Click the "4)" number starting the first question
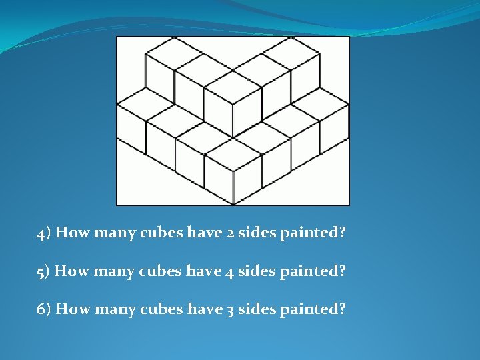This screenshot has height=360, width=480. (x=45, y=234)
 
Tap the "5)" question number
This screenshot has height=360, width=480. (x=44, y=271)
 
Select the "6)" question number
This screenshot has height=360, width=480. (x=45, y=309)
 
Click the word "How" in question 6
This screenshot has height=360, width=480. (x=71, y=309)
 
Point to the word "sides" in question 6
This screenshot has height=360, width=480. (x=255, y=309)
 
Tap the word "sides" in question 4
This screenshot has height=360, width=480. (x=255, y=233)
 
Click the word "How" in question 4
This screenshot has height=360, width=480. (x=71, y=233)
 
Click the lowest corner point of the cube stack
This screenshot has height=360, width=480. (x=233, y=204)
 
